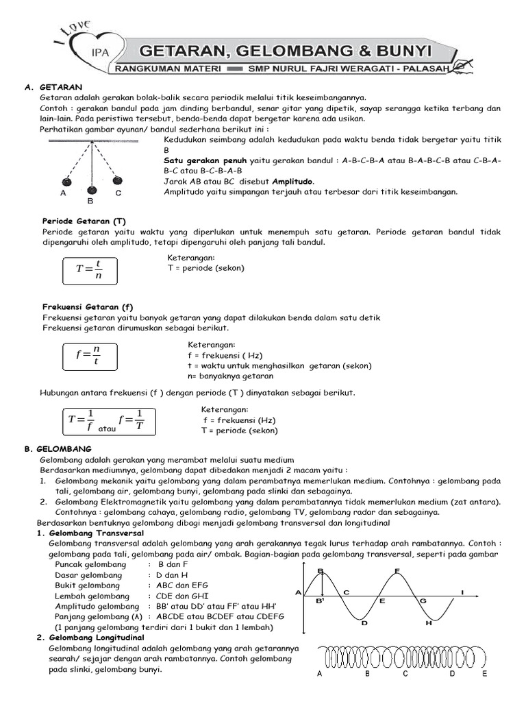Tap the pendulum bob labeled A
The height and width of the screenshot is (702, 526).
coord(66,182)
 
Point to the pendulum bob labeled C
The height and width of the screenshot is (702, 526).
coord(117,181)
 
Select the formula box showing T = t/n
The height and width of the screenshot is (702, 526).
coord(90,269)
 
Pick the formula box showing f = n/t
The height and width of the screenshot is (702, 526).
coord(88,356)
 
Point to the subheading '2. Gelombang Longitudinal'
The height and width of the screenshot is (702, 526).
coord(90,638)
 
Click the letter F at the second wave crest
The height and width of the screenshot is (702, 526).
coord(398,570)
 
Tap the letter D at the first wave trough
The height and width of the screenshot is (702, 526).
coord(364,623)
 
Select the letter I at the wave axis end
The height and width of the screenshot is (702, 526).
coord(462,592)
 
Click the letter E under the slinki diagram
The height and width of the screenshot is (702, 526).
coord(485,674)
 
